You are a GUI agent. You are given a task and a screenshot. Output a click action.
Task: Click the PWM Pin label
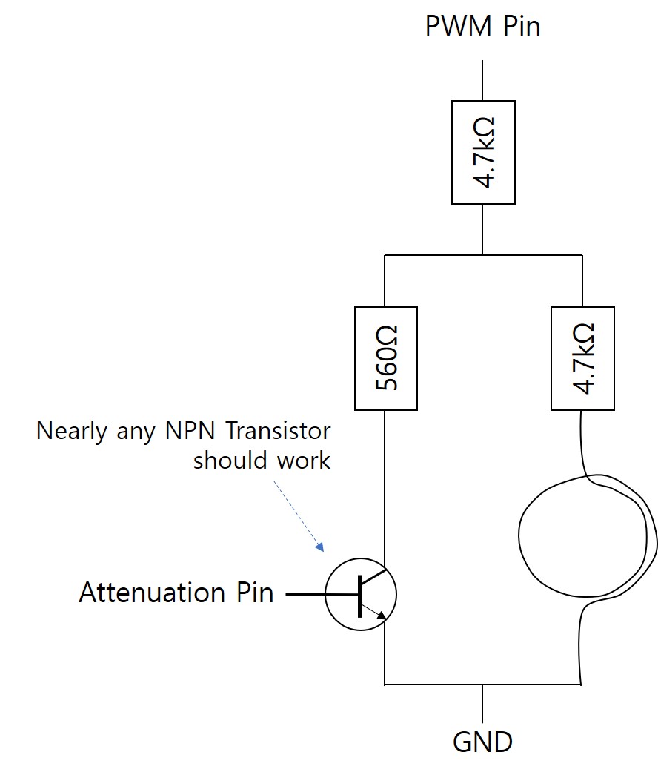482,26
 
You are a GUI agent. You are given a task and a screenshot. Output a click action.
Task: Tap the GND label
482,741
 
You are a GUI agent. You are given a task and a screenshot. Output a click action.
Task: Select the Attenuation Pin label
176,593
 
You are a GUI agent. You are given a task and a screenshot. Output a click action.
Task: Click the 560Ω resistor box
385,358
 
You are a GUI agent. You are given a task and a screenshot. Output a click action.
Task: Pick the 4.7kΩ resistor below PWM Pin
483,152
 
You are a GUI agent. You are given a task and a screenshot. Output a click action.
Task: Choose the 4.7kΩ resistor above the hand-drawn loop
582,358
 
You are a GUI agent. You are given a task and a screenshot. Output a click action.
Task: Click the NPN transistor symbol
361,594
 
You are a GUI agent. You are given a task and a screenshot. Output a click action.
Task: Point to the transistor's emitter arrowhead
381,614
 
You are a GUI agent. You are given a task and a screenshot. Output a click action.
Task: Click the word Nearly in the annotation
70,431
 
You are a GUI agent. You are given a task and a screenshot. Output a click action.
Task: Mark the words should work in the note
262,460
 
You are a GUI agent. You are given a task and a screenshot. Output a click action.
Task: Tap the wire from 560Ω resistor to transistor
385,482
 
